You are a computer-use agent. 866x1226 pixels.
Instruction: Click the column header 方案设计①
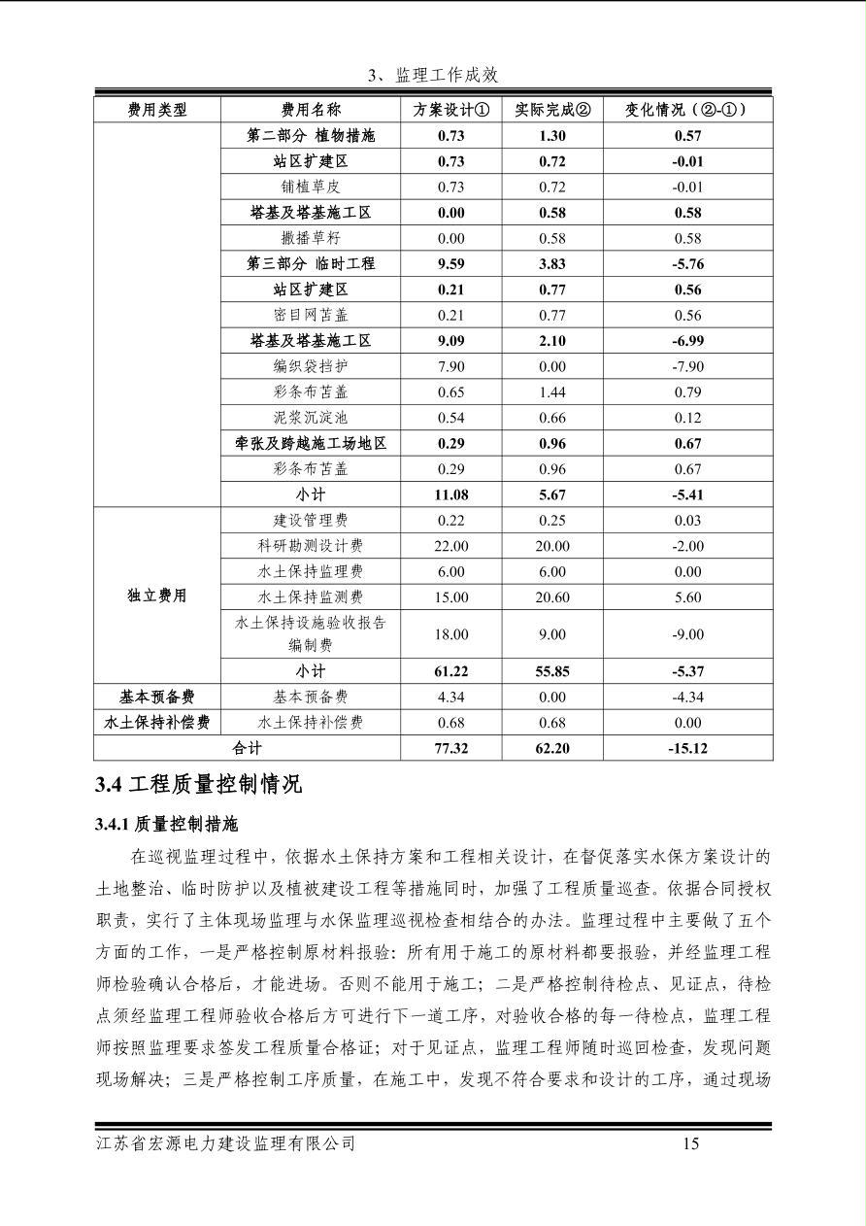coord(450,110)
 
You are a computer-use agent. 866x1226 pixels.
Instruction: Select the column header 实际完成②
coord(551,110)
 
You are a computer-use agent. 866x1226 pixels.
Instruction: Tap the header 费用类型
coord(157,110)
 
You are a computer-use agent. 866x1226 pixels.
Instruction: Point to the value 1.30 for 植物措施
coord(551,136)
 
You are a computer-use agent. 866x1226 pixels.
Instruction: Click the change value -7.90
coord(687,366)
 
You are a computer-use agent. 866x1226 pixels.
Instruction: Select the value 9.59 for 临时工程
coord(450,263)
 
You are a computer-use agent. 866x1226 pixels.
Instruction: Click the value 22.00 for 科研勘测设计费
coord(450,546)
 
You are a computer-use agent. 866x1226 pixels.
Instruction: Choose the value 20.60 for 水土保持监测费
coord(551,597)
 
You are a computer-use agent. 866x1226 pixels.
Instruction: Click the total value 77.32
coord(450,748)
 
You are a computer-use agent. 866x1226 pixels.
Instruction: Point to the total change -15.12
coord(687,748)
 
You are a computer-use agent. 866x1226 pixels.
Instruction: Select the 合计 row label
coord(247,748)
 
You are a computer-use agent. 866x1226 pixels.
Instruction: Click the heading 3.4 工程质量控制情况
coord(198,785)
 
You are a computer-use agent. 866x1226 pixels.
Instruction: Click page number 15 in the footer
coord(690,1143)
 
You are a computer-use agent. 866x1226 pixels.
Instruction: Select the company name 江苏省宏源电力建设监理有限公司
coord(226,1143)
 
